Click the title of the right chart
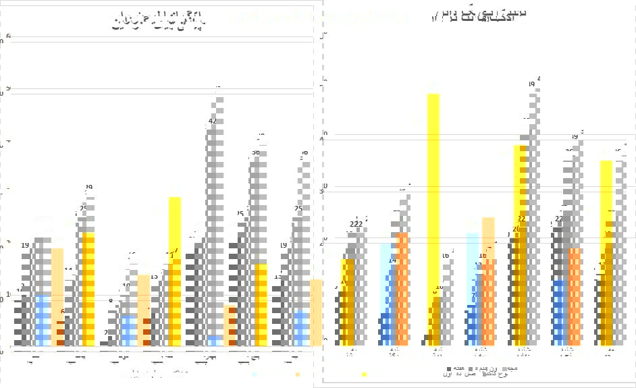(481, 15)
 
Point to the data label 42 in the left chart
(213, 121)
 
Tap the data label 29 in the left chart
(88, 188)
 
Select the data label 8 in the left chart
(111, 302)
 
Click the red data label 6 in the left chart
(63, 312)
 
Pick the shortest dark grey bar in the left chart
(105, 343)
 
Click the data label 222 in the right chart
(356, 225)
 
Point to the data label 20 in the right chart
(516, 229)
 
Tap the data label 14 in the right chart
(392, 260)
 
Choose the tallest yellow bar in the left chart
(175, 270)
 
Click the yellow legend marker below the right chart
(364, 374)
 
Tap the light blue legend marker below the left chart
(255, 374)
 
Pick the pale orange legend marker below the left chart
(298, 374)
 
